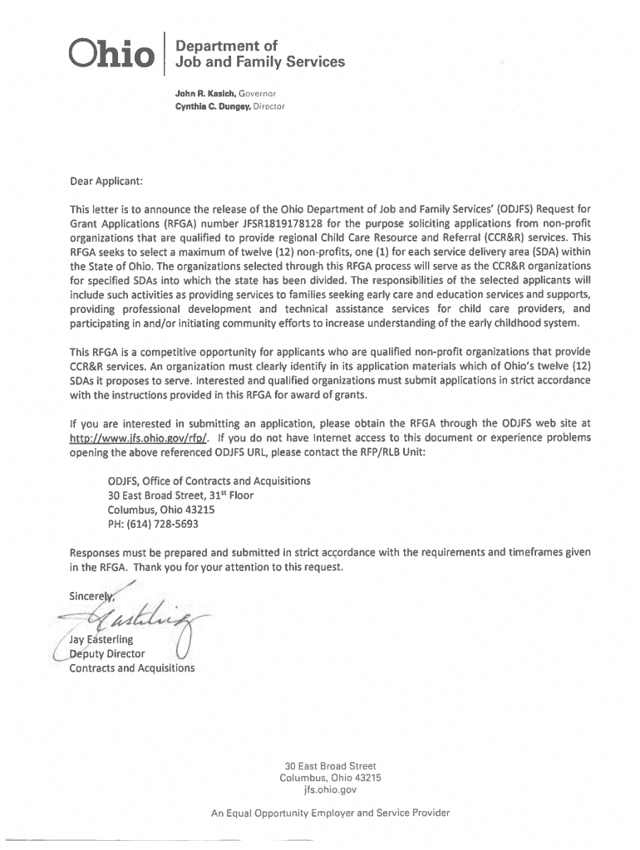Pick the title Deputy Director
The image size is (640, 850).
106,653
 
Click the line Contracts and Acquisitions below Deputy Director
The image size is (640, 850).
131,667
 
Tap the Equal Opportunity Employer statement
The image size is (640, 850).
330,813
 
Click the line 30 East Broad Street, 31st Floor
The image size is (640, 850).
180,495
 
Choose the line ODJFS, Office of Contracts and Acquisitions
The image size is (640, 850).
209,481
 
